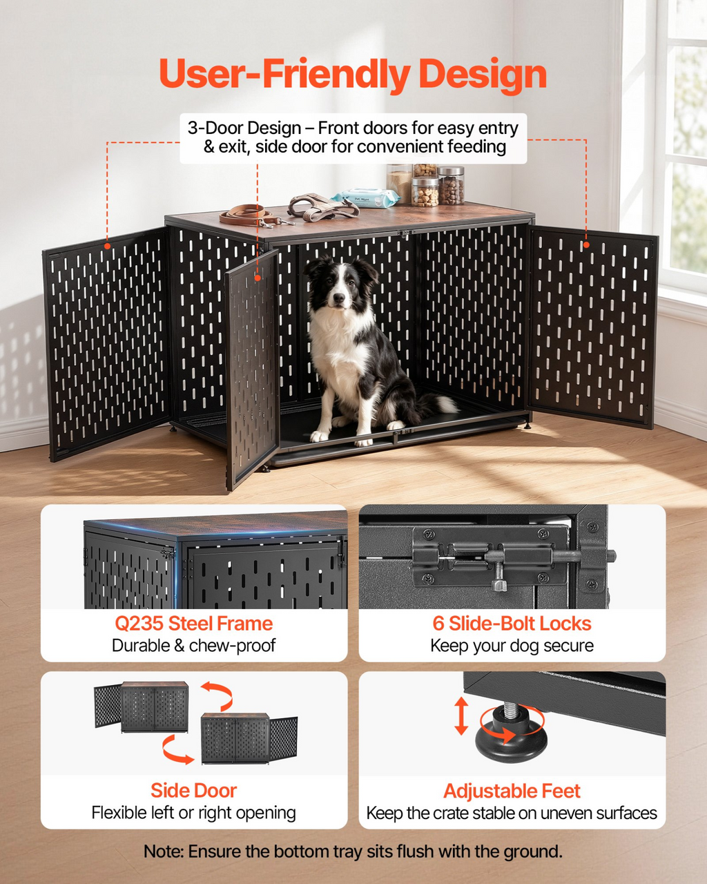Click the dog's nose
pos(339,298)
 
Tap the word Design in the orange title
pos(483,75)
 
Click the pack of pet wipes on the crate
pos(365,198)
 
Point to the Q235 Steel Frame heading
pos(194,623)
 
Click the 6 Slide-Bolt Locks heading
pos(512,623)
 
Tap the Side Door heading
pos(194,791)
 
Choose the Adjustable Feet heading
pos(512,791)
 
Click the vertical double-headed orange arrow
pos(461,715)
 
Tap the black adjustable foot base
pos(512,740)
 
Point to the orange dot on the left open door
pos(107,246)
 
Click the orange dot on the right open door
pos(586,244)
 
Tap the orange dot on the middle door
pos(258,278)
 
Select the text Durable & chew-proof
pos(193,645)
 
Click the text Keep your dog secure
pos(512,646)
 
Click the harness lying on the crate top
pos(322,206)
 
